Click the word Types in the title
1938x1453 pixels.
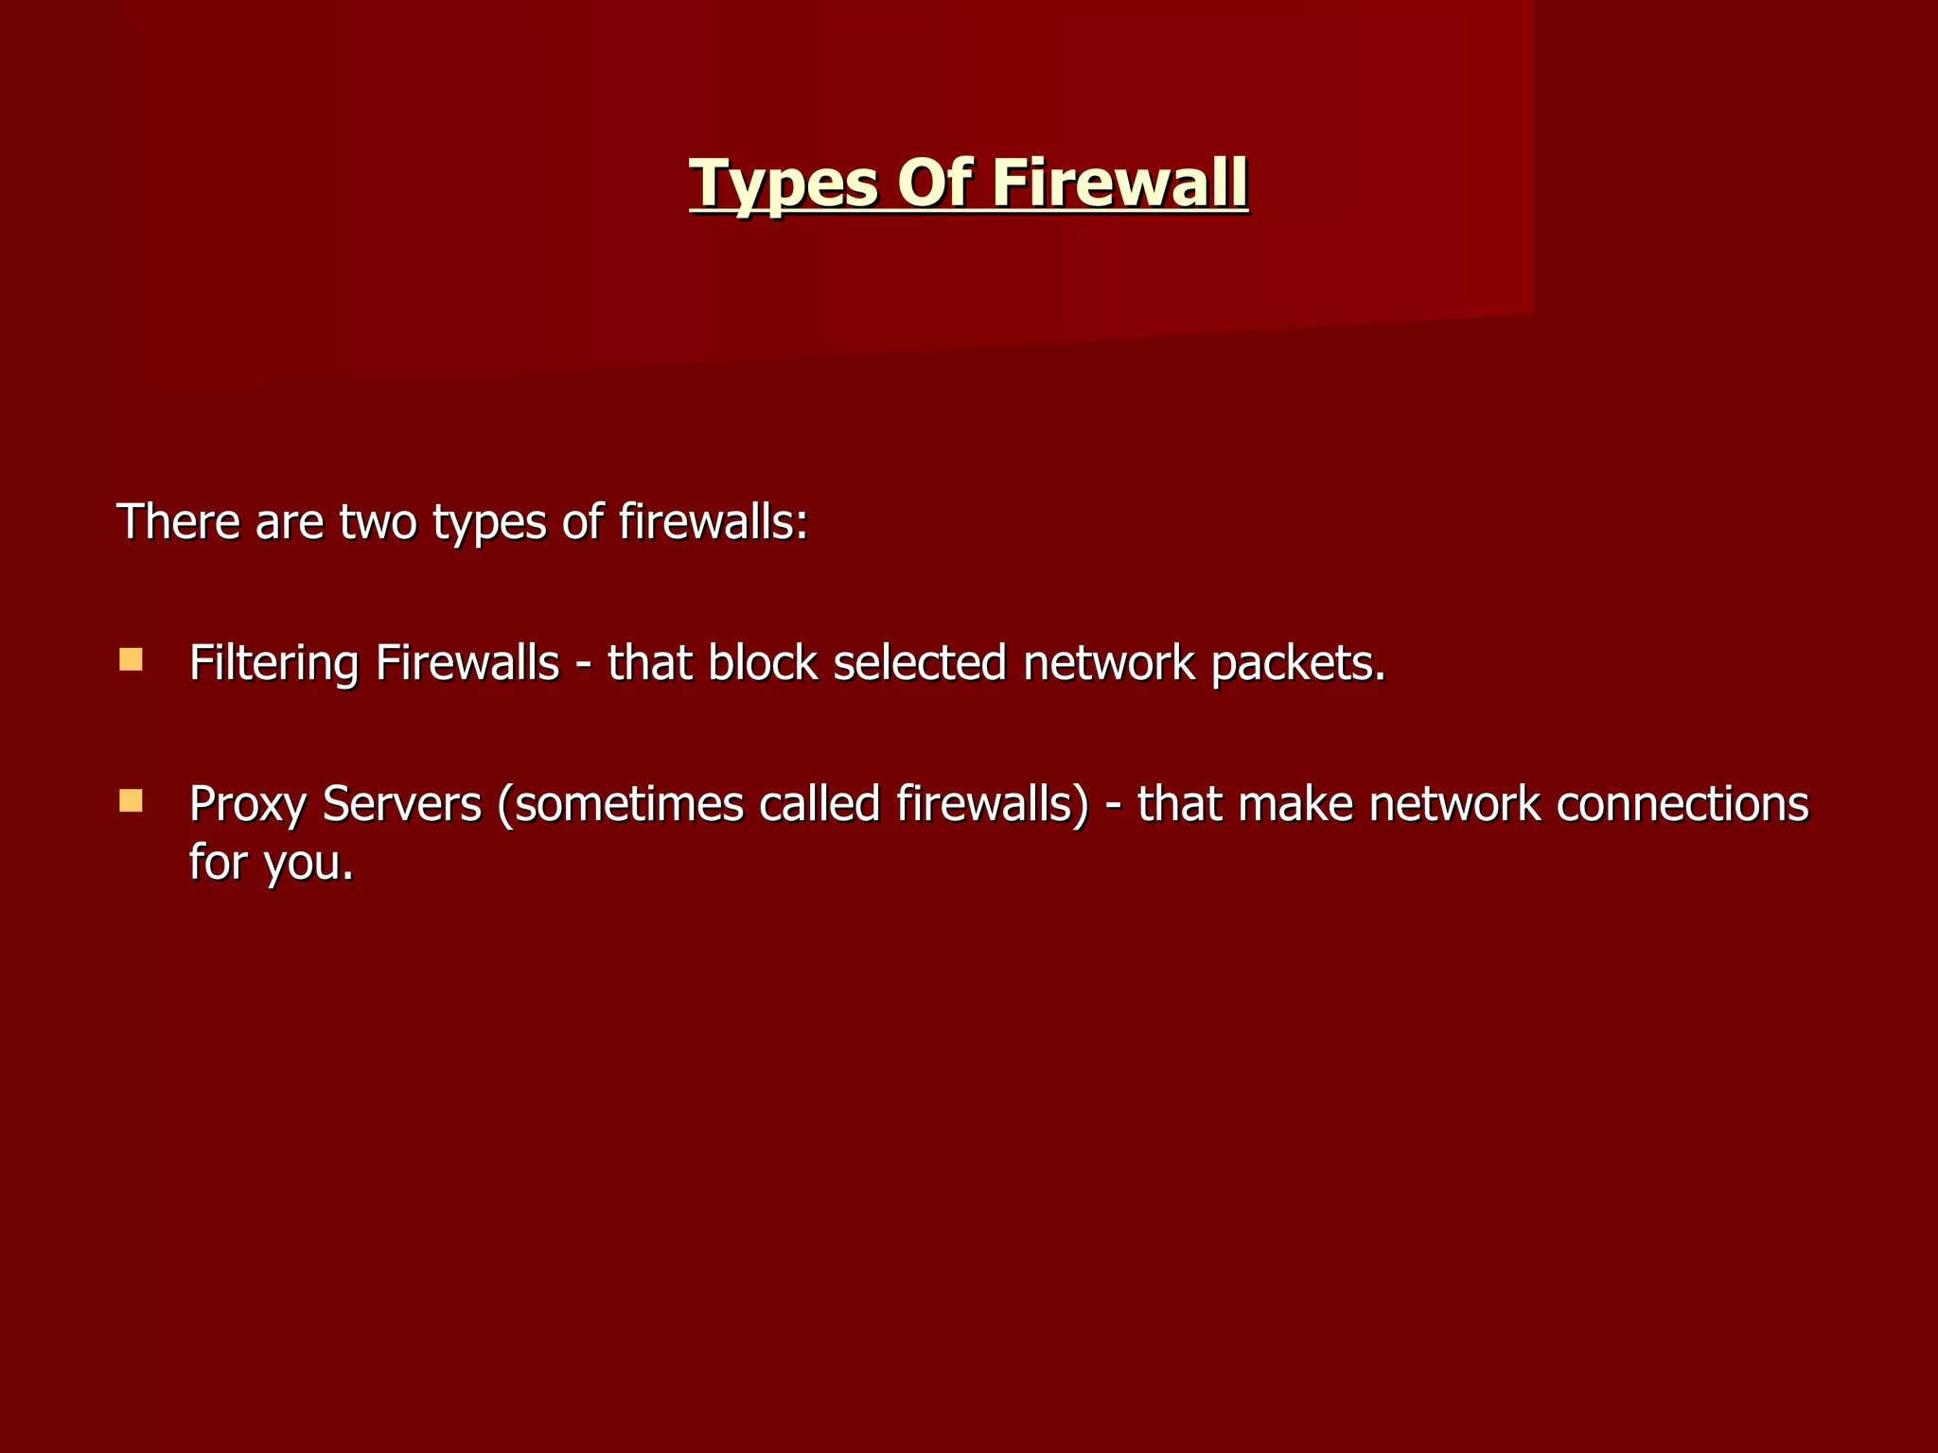tap(784, 184)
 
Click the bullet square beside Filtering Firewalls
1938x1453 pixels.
tap(131, 659)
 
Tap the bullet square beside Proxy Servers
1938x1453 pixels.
tap(131, 801)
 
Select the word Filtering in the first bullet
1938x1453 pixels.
tap(273, 663)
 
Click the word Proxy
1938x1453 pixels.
tap(248, 805)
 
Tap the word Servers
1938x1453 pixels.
tap(402, 804)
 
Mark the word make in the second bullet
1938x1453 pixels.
tap(1295, 804)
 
